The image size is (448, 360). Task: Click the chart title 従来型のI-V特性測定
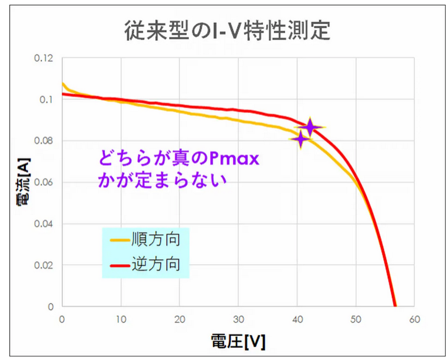(227, 31)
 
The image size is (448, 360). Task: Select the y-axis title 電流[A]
(24, 182)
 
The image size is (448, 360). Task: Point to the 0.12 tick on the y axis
(44, 58)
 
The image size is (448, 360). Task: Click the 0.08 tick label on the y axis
(44, 141)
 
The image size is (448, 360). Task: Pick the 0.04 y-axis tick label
(44, 224)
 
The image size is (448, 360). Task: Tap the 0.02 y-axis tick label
(44, 265)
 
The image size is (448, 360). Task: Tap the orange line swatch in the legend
(120, 241)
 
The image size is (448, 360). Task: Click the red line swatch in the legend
(120, 266)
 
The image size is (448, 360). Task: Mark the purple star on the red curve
(310, 127)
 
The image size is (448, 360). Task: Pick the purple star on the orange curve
(301, 139)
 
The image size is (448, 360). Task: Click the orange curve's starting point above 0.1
(63, 84)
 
